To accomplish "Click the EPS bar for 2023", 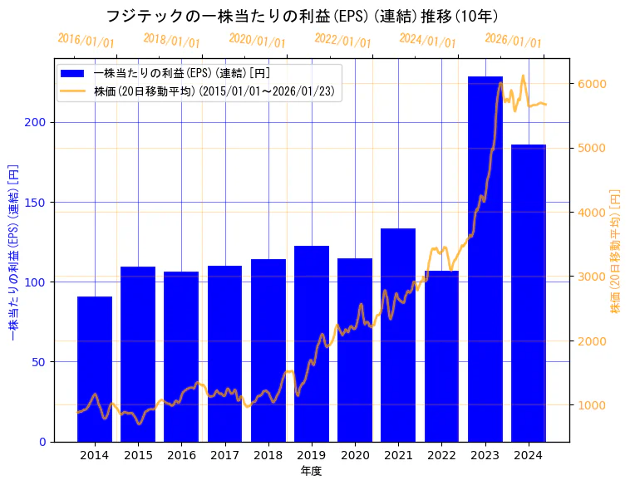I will click(485, 258).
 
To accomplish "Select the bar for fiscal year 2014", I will click(95, 369).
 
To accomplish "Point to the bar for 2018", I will click(268, 350).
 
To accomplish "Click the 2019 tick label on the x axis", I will click(312, 455).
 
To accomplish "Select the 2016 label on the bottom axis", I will click(181, 455).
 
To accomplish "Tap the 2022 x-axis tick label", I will click(441, 455).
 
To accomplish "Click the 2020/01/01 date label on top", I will click(257, 41).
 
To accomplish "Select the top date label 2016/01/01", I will click(86, 41).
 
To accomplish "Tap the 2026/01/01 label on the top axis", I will click(513, 41).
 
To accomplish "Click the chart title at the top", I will click(302, 17).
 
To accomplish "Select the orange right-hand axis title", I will click(616, 250).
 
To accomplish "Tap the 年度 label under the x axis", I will click(312, 471).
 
